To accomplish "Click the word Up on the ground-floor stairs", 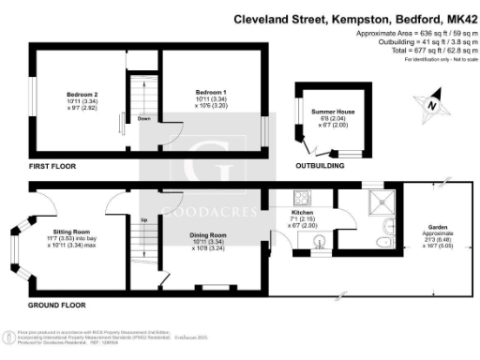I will (143, 220).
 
